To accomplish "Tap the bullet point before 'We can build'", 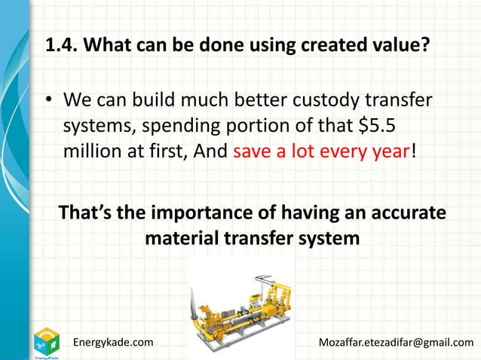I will [x=51, y=100].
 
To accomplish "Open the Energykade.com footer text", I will [x=112, y=343].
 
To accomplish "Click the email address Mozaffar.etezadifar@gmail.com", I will [x=397, y=343].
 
